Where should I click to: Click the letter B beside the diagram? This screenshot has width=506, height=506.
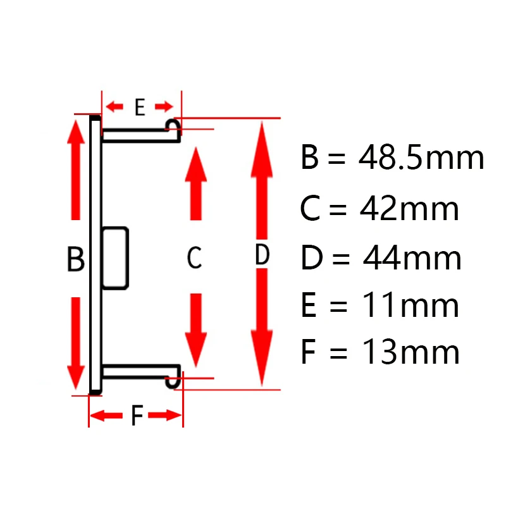75,259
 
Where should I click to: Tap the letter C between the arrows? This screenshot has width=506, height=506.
194,257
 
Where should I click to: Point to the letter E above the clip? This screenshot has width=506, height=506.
140,107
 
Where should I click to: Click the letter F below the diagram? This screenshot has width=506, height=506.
137,416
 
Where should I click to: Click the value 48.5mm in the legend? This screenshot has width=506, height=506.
421,158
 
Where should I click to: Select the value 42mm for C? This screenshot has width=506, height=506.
409,209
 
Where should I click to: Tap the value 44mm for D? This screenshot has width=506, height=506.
412,258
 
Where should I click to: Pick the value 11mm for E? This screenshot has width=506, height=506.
410,305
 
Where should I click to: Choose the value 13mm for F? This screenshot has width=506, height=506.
410,352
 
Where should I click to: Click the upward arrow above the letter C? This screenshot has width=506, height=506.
195,183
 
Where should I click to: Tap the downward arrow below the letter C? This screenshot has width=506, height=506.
197,329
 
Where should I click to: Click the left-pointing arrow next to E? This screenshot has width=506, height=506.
114,106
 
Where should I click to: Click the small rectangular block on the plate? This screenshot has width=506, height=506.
115,257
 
